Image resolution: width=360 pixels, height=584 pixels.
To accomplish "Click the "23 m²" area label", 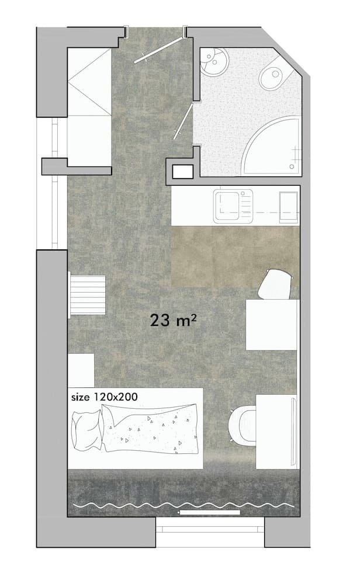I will pos(172,320).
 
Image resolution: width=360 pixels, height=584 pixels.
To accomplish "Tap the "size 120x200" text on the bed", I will pos(104,397).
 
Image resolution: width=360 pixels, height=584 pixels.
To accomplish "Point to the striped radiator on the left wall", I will pos(88,295).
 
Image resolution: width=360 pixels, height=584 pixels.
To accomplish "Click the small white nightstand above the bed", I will pos(81,370).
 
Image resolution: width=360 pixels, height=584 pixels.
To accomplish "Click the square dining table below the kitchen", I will pos(272,324).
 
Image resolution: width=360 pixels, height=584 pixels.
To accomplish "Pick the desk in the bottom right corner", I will pos(276,431).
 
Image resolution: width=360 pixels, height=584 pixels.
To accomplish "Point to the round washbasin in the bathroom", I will pos(213,60).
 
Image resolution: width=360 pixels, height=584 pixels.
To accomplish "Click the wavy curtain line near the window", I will pos(181,503).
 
